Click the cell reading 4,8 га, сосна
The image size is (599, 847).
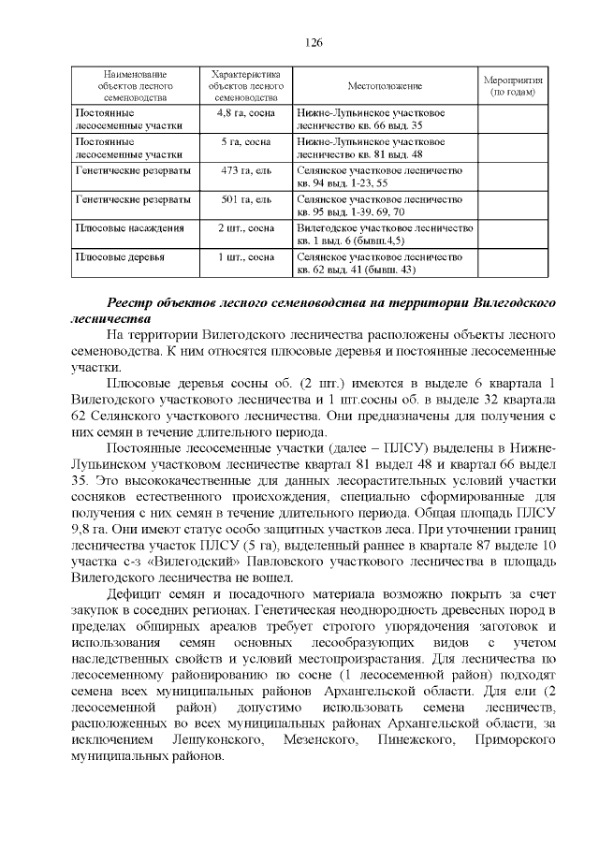[243, 112]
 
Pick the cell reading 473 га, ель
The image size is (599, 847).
[243, 171]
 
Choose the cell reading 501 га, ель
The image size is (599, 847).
[243, 199]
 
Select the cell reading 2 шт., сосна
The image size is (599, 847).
[243, 227]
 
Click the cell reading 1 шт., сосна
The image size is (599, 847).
[243, 256]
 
